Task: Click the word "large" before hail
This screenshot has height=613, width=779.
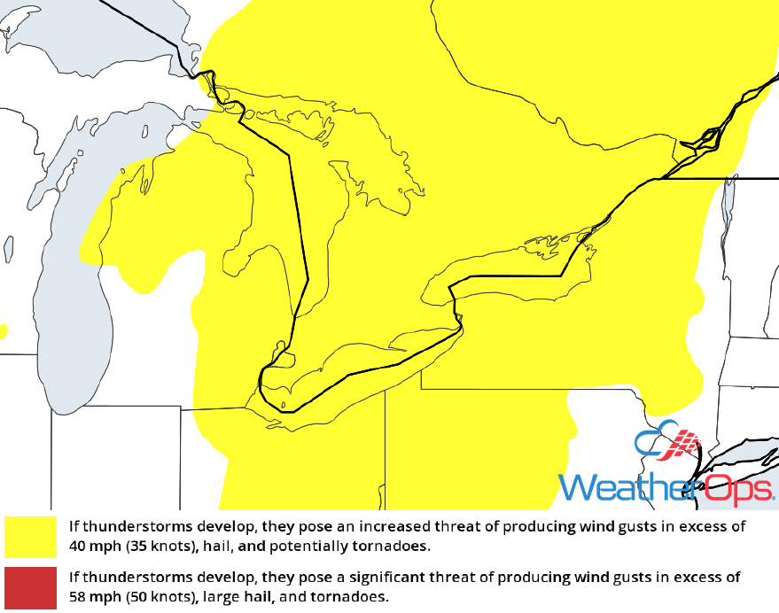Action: pyautogui.click(x=220, y=596)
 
